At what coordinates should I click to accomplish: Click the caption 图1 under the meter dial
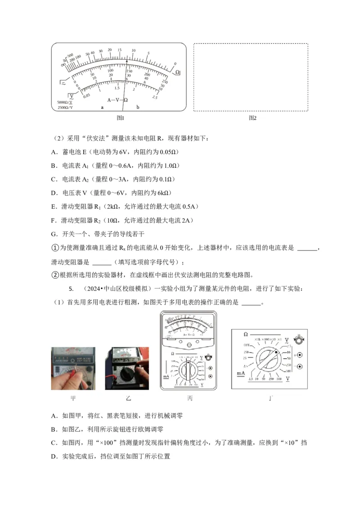pos(120,118)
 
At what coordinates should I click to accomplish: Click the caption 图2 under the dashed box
pos(252,118)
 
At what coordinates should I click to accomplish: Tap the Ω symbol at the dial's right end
pos(177,72)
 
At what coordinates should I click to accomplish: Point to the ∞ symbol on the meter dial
pos(63,65)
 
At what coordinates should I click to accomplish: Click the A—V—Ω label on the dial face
pos(117,99)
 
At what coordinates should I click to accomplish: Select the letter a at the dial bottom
pos(102,107)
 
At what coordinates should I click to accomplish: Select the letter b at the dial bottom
pos(138,107)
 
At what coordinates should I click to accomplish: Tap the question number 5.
pos(70,288)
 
